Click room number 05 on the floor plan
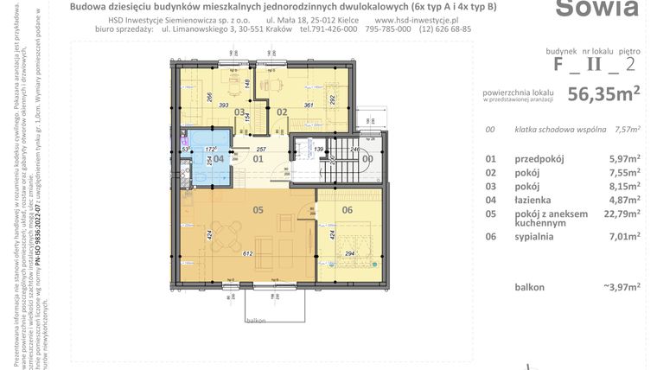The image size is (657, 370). point(257,208)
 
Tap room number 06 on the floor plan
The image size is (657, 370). point(348,208)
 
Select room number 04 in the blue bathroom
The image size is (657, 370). point(219,158)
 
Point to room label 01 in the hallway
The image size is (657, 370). point(257,158)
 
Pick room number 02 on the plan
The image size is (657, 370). point(282,111)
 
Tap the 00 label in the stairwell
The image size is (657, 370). point(367,158)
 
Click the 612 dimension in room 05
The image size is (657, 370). point(246,253)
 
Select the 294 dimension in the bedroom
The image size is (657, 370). point(351,253)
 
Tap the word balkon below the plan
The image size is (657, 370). point(254,319)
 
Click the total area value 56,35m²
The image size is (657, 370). point(603,94)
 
